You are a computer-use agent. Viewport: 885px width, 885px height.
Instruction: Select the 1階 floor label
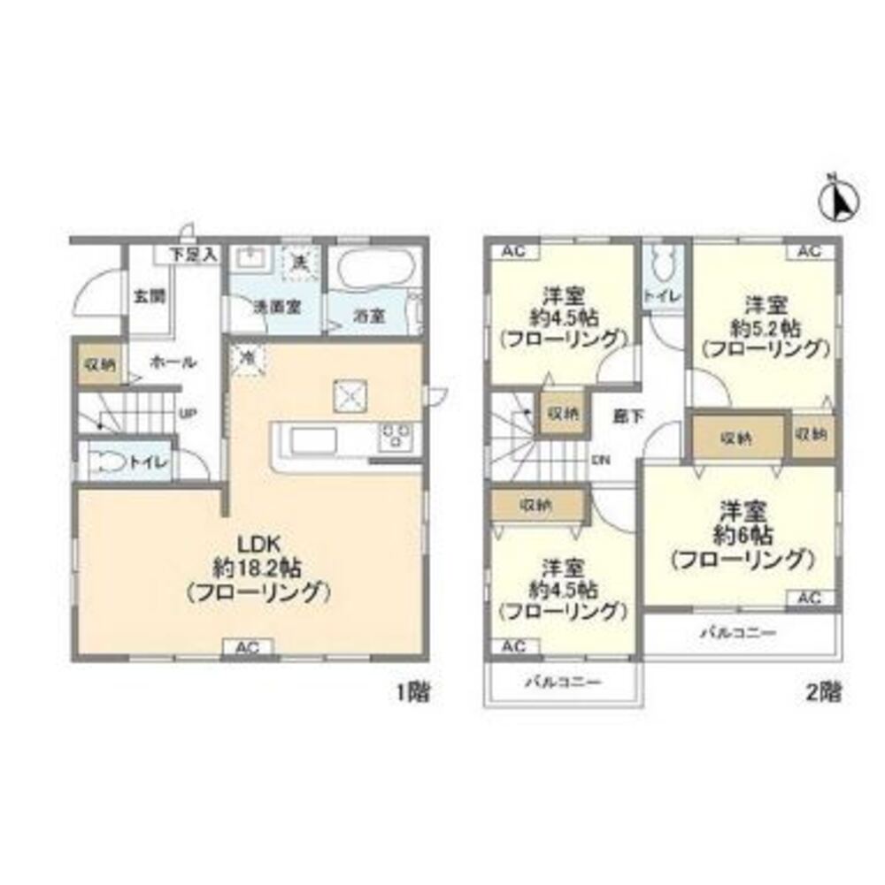click(x=413, y=692)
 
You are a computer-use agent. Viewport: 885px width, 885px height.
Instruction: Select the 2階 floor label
click(x=824, y=692)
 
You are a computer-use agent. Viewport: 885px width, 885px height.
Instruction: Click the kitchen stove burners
click(x=396, y=435)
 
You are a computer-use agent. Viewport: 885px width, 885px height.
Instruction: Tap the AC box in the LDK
click(x=246, y=648)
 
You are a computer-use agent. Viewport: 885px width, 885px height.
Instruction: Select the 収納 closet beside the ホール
click(x=99, y=363)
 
